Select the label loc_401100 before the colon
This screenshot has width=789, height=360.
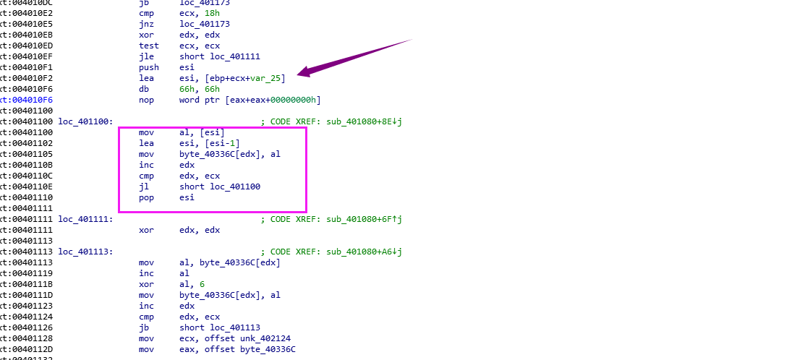coord(85,121)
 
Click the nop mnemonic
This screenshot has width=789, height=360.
coord(145,100)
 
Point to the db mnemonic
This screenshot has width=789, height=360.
coord(143,89)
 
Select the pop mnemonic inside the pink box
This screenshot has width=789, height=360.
coord(145,197)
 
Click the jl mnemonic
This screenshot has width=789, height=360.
coord(142,187)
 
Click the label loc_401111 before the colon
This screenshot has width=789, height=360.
coord(85,219)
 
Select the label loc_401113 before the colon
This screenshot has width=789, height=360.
coord(85,252)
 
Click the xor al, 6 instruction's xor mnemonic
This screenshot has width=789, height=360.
coord(145,284)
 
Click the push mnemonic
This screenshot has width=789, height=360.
coord(148,67)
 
